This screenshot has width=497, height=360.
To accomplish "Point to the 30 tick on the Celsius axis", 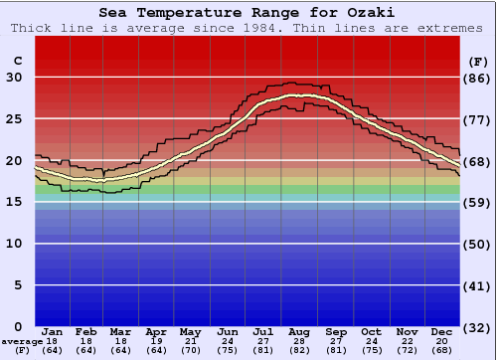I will pyautogui.click(x=13, y=78).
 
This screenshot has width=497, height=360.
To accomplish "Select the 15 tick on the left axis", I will pyautogui.click(x=13, y=202).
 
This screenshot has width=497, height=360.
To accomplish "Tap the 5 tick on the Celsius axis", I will pyautogui.click(x=16, y=284).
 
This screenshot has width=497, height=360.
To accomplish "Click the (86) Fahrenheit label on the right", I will pyautogui.click(x=478, y=78).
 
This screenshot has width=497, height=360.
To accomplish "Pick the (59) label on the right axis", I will pyautogui.click(x=478, y=202).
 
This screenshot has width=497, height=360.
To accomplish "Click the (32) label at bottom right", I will pyautogui.click(x=478, y=326).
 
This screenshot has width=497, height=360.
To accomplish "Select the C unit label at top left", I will pyautogui.click(x=17, y=61).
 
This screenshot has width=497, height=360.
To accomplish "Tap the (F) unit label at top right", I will pyautogui.click(x=477, y=61).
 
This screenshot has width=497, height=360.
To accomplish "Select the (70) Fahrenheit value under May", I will pyautogui.click(x=191, y=350).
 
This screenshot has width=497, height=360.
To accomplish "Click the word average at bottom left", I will pyautogui.click(x=21, y=341).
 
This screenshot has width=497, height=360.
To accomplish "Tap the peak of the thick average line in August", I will pyautogui.click(x=294, y=95).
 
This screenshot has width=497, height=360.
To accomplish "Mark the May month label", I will pyautogui.click(x=191, y=332).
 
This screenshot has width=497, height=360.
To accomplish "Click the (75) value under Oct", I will pyautogui.click(x=372, y=350).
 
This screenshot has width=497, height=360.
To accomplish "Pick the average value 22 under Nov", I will pyautogui.click(x=408, y=341).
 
